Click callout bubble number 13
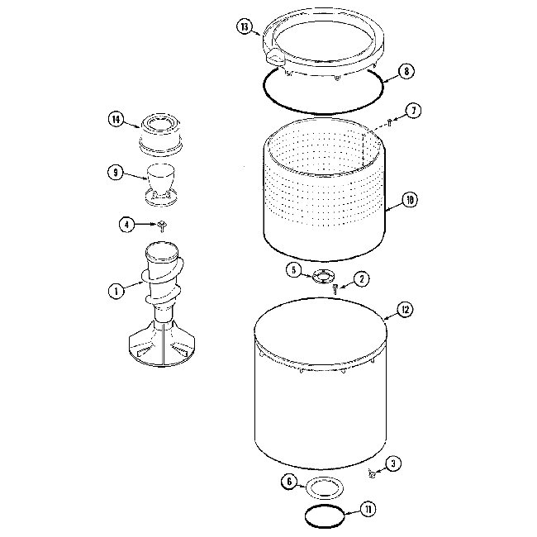click(244, 27)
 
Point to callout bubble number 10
click(409, 199)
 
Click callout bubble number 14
click(116, 120)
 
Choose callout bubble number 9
click(116, 173)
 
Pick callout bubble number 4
click(126, 224)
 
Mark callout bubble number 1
click(116, 290)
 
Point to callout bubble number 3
click(394, 464)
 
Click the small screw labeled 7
click(387, 123)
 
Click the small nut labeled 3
click(373, 473)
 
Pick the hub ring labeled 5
click(321, 274)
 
